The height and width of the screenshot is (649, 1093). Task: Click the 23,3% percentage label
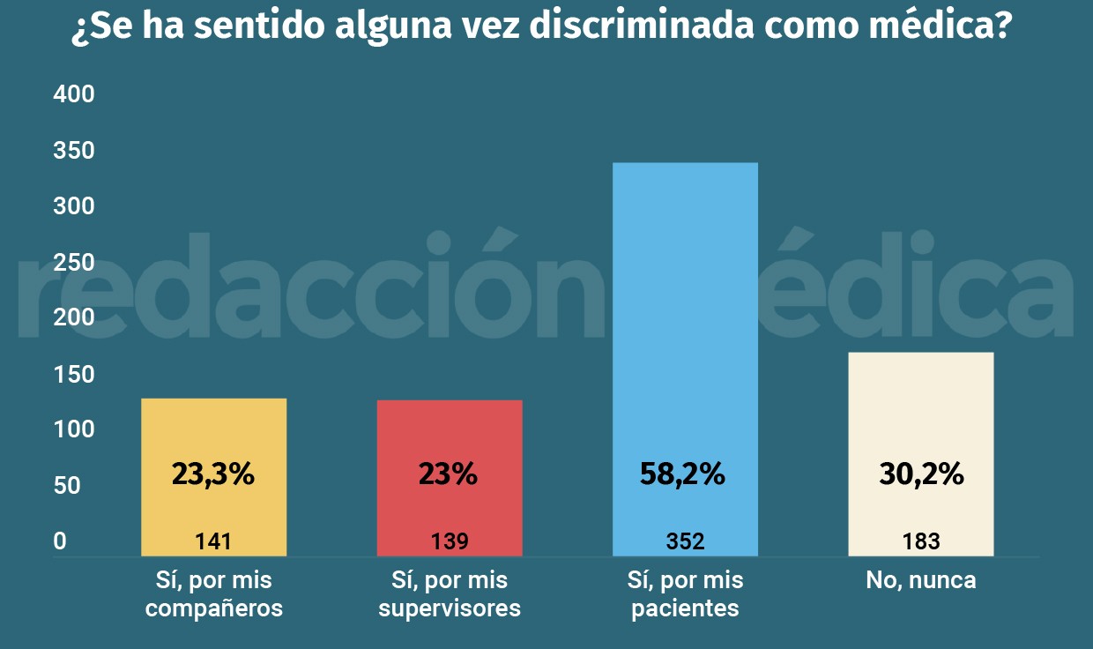[213, 474]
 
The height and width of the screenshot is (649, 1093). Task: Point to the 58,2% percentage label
[682, 474]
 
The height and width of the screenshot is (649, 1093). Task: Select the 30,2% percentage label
[921, 474]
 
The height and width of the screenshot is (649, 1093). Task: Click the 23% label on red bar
[448, 474]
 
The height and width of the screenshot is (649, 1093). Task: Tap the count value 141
[213, 541]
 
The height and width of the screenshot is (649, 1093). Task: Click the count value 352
[685, 541]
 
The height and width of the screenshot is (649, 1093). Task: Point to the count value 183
[921, 541]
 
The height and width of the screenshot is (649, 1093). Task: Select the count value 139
[450, 541]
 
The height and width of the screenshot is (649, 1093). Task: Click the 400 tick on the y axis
[74, 94]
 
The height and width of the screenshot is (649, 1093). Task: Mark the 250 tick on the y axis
[74, 262]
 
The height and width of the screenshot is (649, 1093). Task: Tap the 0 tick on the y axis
[60, 541]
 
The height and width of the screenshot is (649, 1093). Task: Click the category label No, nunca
[921, 581]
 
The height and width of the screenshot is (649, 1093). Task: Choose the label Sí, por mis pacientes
[685, 594]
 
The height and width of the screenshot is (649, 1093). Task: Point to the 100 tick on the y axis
[74, 429]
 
